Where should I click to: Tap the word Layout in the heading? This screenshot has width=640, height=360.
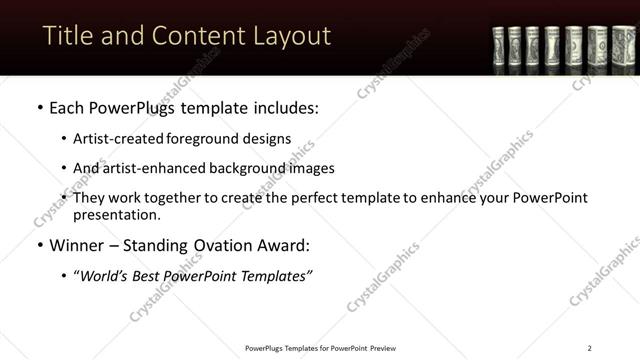(288, 36)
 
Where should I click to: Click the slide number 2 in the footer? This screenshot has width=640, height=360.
(589, 348)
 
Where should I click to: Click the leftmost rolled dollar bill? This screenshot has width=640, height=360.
(500, 47)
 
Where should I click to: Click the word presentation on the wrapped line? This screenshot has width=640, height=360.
(116, 214)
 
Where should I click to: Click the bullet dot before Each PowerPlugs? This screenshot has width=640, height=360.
(38, 106)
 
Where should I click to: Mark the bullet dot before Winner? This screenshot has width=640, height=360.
(38, 245)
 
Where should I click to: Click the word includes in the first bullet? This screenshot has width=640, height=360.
(283, 105)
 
